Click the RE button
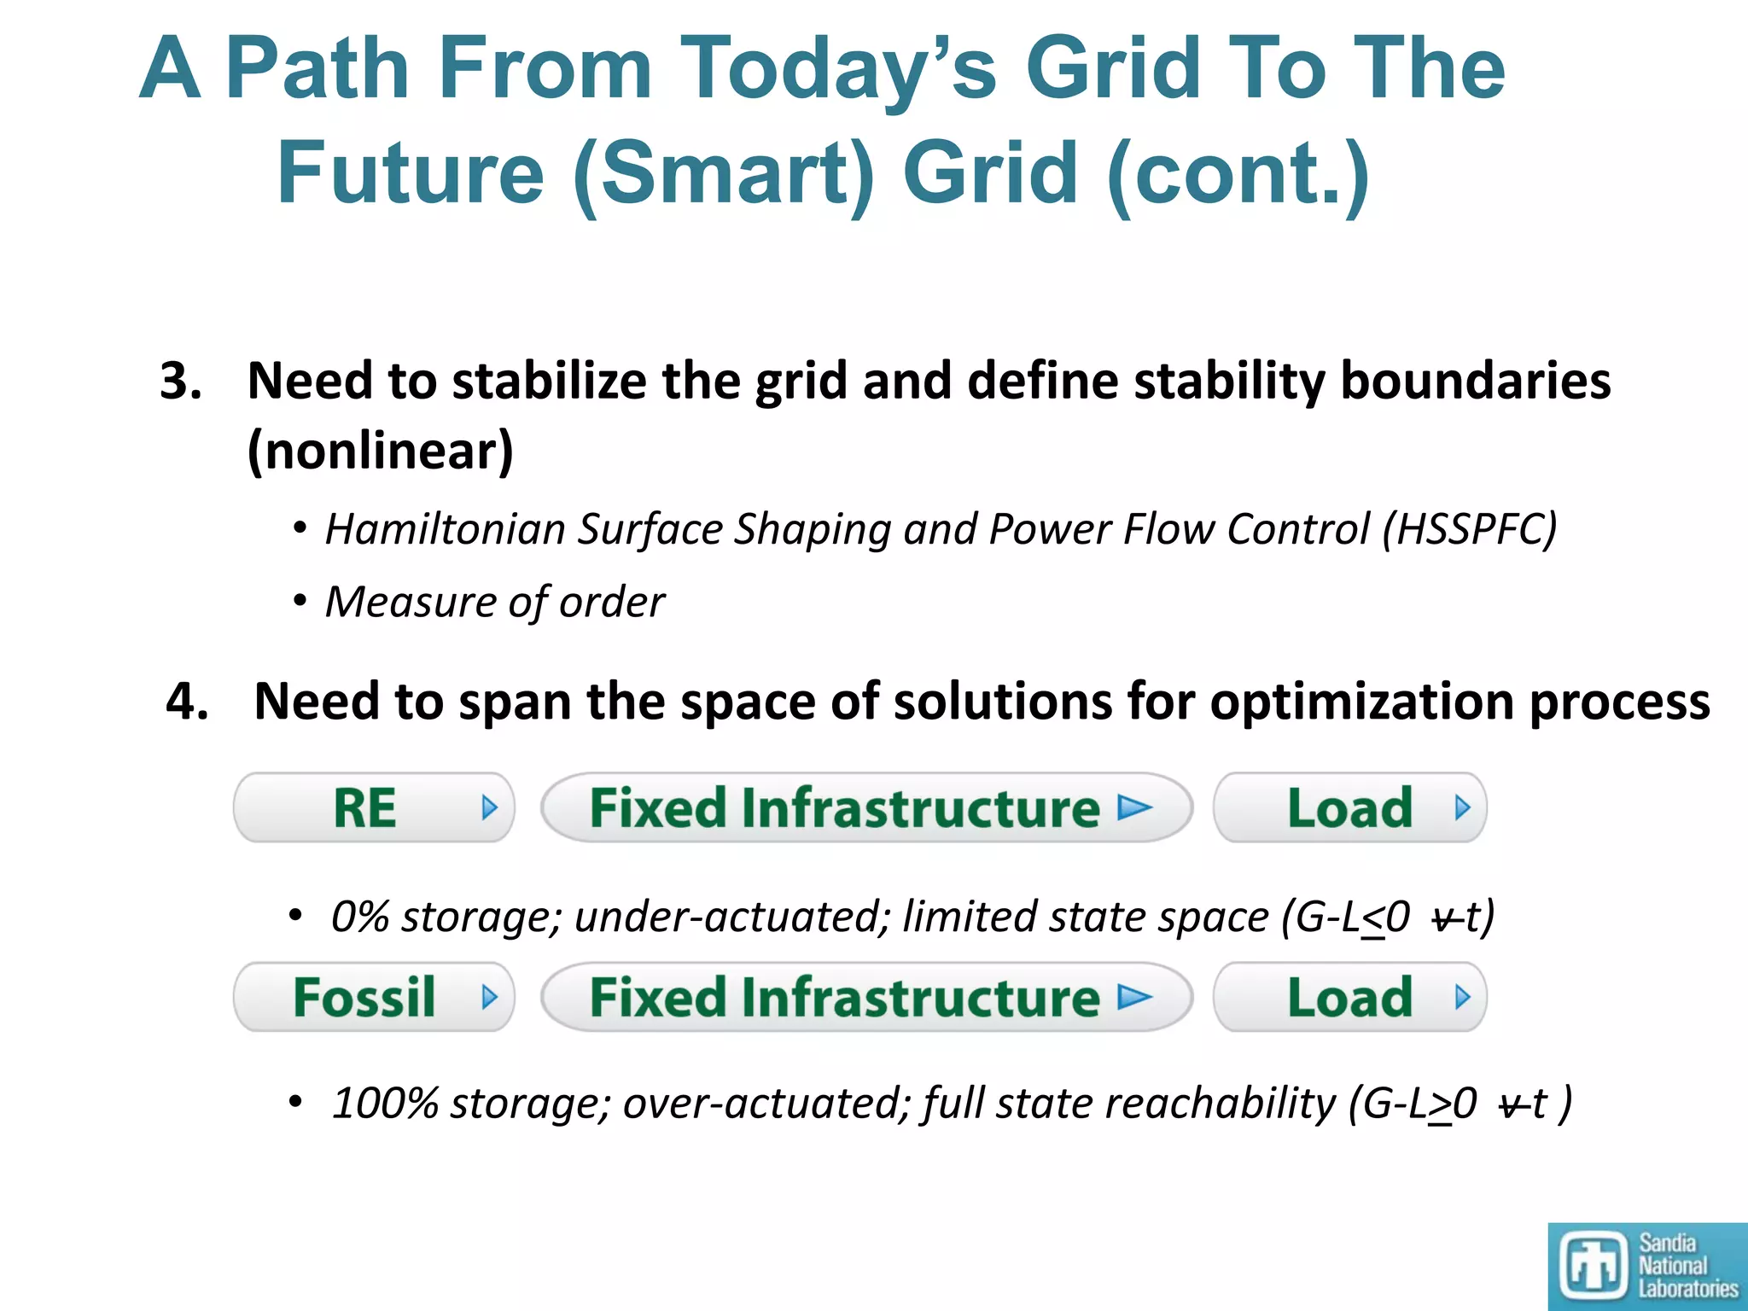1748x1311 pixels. point(374,807)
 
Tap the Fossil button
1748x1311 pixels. point(374,997)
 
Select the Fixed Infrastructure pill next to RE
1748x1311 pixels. point(865,807)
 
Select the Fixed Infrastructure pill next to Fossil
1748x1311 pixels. point(865,997)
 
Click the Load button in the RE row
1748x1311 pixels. point(1349,807)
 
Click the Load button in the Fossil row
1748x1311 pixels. point(1349,997)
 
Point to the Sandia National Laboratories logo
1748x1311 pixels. point(1646,1266)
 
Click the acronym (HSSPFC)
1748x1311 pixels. point(1470,529)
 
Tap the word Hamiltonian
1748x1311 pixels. point(445,529)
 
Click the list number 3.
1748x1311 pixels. point(181,381)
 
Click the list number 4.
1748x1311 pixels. point(187,702)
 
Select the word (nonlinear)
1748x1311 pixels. point(380,451)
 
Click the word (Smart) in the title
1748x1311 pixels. point(724,173)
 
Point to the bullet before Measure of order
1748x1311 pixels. point(299,602)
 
